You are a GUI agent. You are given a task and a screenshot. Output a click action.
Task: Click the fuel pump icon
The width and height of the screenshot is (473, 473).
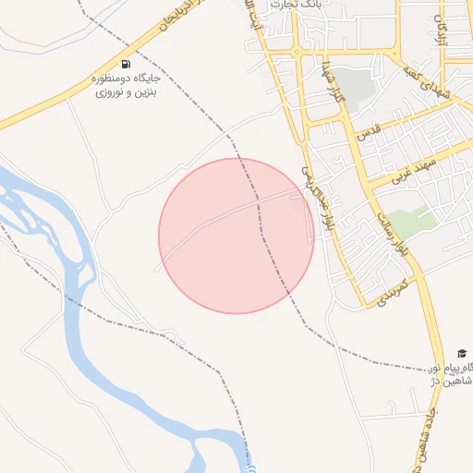125,64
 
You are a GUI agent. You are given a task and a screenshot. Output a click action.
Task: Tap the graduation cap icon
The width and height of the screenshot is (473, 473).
461,354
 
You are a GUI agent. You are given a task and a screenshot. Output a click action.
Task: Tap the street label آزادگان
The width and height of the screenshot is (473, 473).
443,35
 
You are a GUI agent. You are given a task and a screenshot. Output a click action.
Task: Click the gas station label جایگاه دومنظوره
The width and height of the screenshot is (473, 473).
127,79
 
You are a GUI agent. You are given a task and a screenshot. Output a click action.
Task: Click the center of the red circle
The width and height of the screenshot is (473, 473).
236,236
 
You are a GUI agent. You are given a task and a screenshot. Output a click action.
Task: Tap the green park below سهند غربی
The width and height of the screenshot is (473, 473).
414,221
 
